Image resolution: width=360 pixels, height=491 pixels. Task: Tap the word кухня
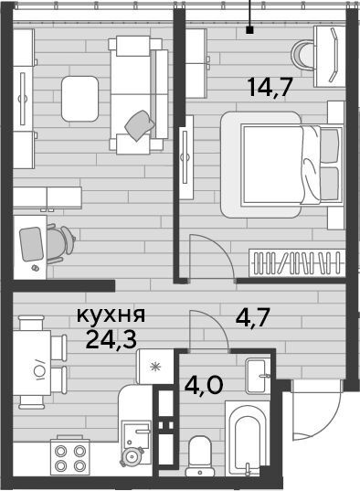tap(111, 315)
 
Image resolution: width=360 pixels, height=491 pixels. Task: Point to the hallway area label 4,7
tap(253, 318)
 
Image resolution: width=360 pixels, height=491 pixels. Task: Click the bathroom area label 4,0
tap(204, 384)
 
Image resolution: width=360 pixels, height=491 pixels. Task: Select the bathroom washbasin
tap(258, 376)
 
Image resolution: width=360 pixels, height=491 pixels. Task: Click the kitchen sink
tap(136, 435)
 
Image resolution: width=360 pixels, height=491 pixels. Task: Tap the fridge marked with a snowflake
tap(154, 367)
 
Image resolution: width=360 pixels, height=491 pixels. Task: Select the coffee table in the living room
tap(79, 99)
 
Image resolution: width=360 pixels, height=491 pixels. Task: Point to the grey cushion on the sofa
tap(140, 125)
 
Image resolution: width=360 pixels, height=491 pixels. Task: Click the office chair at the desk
tap(60, 243)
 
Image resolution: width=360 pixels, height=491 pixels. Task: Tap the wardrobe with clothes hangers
tap(297, 262)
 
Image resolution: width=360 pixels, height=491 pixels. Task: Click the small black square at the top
tap(249, 30)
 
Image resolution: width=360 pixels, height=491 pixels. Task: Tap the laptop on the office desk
tap(31, 244)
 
